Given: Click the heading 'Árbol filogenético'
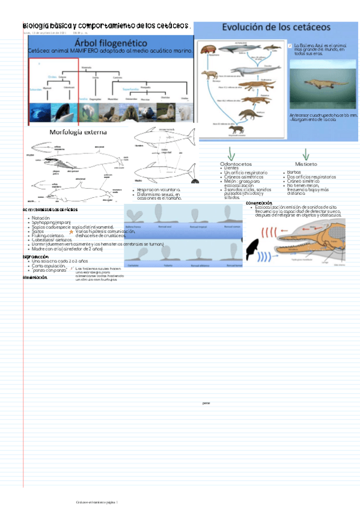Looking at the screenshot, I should pos(111,43).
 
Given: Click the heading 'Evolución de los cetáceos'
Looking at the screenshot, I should pos(276,27).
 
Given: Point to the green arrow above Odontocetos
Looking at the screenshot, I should pos(231,153).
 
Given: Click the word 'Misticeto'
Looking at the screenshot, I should pos(307,163).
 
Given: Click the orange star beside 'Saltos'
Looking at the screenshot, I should pos(72,231).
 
